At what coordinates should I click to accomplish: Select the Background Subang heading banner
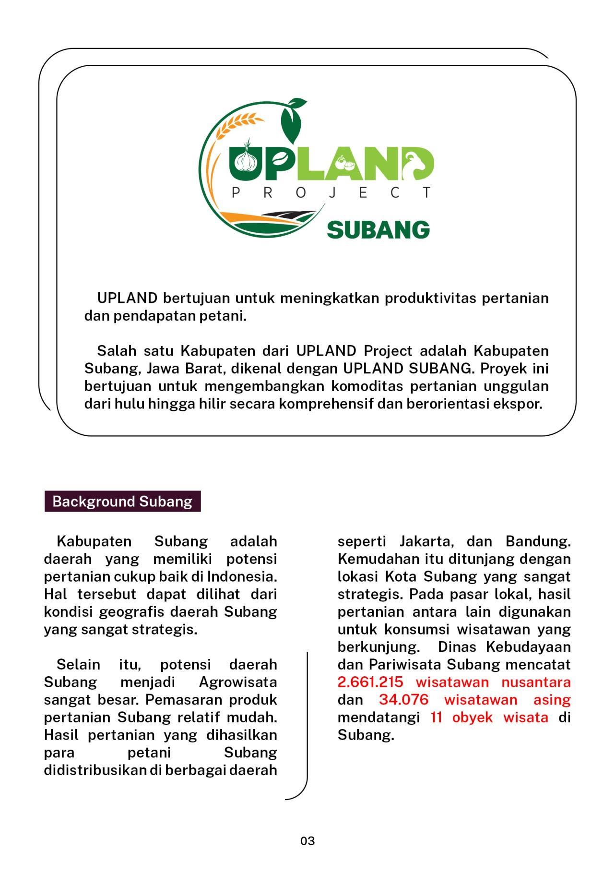point(122,502)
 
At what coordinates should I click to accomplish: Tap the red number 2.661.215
point(370,682)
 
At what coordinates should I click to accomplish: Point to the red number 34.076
point(403,700)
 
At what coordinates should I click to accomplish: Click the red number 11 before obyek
point(436,718)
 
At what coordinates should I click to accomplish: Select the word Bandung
point(538,541)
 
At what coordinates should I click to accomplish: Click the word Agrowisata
point(237,682)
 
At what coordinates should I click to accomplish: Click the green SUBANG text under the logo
point(378,230)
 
